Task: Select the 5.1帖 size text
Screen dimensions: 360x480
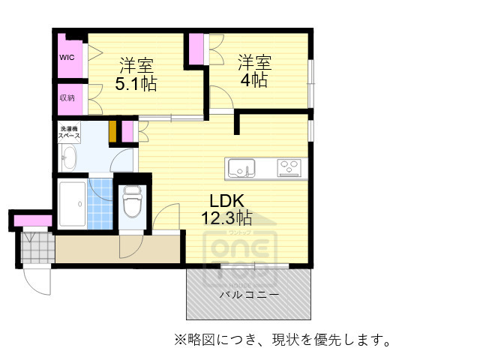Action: coord(136,83)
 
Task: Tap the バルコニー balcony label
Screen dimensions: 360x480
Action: coord(249,295)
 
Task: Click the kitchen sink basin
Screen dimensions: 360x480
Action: coord(241,169)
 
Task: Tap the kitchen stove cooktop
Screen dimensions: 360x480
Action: coord(290,168)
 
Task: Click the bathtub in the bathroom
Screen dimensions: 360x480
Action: coord(72,204)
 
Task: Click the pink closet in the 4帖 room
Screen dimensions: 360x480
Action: coord(196,49)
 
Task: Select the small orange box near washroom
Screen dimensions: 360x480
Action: coord(112,130)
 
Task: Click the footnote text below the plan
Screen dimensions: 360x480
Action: coord(282,340)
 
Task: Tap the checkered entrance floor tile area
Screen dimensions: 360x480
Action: coord(34,247)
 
